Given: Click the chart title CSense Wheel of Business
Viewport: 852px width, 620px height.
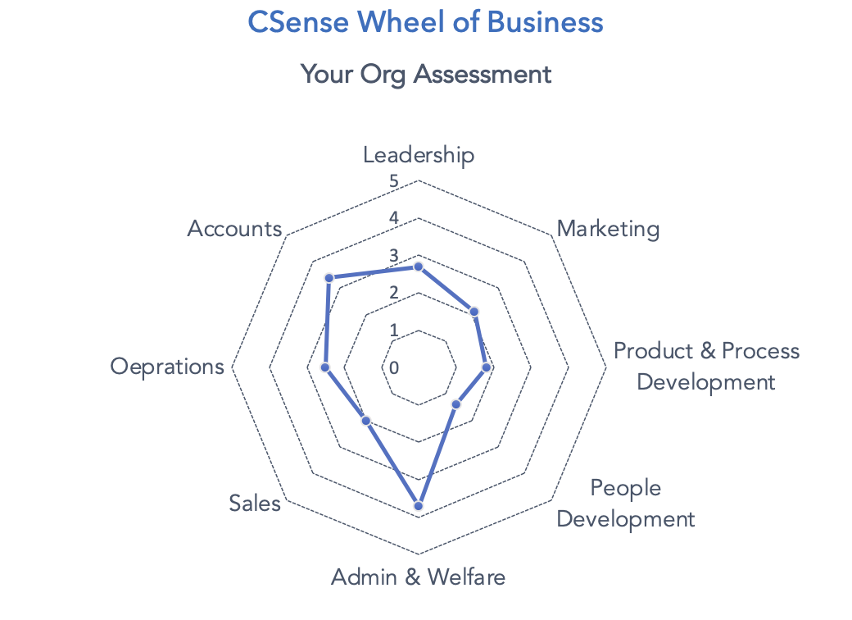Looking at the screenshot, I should (x=425, y=22).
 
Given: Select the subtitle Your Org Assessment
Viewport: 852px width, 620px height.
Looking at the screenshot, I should (x=425, y=75).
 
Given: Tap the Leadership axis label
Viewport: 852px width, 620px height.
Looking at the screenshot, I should (x=419, y=154).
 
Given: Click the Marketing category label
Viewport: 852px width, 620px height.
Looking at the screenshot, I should (x=608, y=228).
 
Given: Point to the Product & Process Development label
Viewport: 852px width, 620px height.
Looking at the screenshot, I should (x=706, y=366).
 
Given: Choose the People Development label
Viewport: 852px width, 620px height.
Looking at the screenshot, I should (x=627, y=503).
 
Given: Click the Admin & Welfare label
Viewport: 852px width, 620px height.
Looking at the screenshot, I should (x=418, y=577).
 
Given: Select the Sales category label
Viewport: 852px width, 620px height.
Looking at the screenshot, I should (x=255, y=503).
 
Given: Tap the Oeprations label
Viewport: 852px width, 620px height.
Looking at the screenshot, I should (x=167, y=366).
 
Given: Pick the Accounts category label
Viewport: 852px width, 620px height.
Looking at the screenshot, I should (x=234, y=228).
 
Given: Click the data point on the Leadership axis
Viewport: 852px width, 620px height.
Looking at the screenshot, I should (x=418, y=267).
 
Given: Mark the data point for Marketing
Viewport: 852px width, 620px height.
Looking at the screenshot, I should (x=473, y=312).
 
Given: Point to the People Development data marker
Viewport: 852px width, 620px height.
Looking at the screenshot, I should (x=456, y=403).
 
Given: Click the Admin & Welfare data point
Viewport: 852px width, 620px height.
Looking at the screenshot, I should (x=418, y=506).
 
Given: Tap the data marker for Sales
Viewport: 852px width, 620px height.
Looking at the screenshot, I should (x=366, y=421).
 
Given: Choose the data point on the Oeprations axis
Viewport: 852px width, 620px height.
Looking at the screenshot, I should (x=325, y=367).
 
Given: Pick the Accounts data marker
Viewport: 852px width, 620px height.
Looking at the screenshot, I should (x=329, y=278).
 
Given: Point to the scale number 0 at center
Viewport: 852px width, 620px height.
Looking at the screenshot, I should (x=394, y=367).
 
